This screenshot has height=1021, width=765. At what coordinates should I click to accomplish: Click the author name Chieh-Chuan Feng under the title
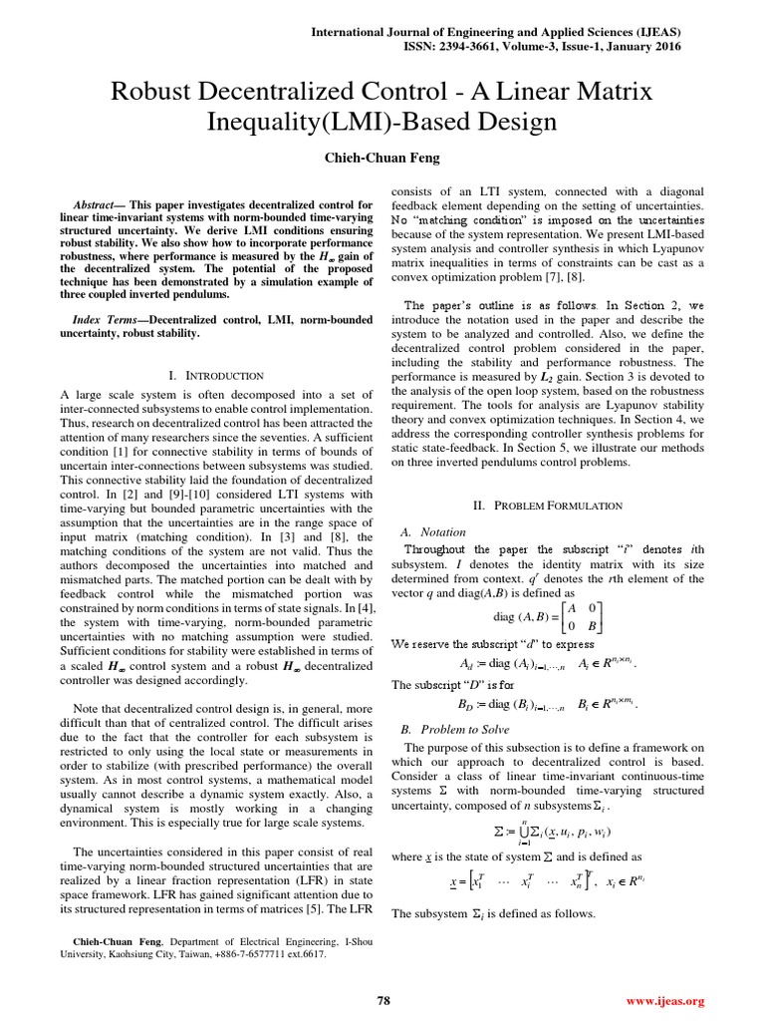click(382, 158)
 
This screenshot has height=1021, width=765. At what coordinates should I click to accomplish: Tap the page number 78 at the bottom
click(382, 1000)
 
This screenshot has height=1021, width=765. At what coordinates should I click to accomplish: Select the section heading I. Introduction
click(215, 375)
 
